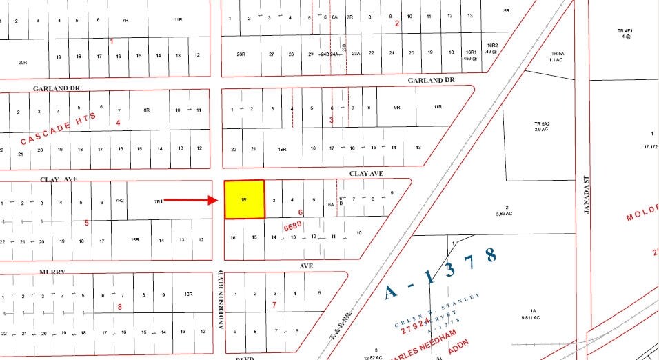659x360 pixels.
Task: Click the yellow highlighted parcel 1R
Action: [x=244, y=199]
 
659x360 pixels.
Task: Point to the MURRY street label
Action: [x=52, y=272]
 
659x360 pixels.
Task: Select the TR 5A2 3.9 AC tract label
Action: [x=540, y=126]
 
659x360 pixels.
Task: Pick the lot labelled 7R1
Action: [x=158, y=201]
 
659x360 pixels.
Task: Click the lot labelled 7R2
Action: [x=119, y=201]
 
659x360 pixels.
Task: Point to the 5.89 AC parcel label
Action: [x=507, y=210]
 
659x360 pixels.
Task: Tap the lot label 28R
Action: [x=241, y=53]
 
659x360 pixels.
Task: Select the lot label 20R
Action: [x=23, y=62]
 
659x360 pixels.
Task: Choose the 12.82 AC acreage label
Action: [x=376, y=354]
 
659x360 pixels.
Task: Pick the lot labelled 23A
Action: [x=356, y=53]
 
